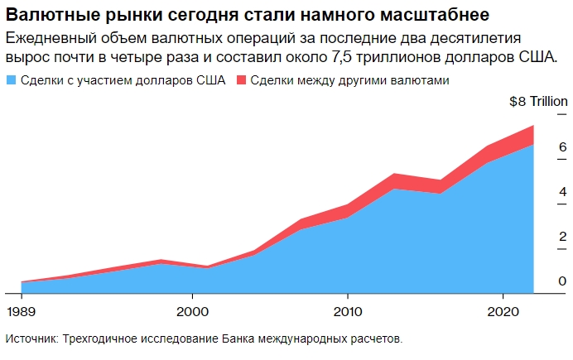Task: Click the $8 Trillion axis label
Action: (x=537, y=102)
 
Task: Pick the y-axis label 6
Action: (x=539, y=147)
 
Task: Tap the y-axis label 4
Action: (x=539, y=192)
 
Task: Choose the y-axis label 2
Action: (x=539, y=237)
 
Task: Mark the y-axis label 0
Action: (x=539, y=281)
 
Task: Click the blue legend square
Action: (x=11, y=81)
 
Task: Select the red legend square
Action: (x=242, y=81)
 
